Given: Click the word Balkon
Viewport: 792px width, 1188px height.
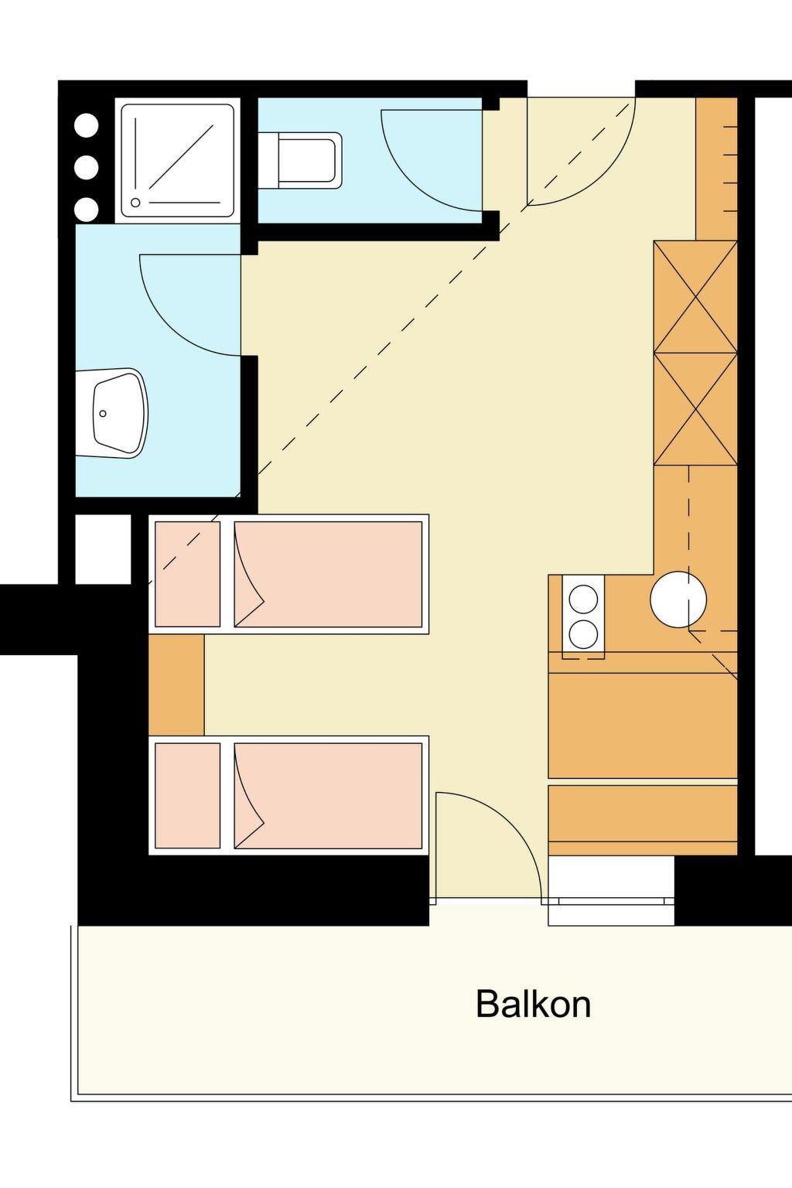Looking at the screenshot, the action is [533, 1004].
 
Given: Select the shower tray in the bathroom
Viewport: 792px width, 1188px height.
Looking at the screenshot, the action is [178, 161].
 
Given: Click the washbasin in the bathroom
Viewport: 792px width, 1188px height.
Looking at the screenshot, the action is [111, 413].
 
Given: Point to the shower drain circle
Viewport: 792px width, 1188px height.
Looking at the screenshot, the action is [135, 203].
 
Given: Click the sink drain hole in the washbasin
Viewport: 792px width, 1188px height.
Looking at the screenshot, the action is [103, 414].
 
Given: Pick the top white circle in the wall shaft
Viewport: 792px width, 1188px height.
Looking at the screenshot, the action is [86, 126].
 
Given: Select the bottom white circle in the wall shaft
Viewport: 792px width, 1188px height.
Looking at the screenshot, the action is [86, 210].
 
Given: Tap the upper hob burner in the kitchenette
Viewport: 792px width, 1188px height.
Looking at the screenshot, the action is [583, 599].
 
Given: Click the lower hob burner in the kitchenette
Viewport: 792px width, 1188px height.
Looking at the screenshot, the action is [583, 633].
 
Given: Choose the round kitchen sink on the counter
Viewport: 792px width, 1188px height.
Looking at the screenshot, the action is [678, 599].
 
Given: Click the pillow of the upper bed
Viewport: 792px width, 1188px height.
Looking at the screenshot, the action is [187, 574].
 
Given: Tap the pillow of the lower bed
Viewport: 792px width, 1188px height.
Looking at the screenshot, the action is [187, 796].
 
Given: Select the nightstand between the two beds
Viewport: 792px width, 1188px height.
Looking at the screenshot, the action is [176, 684].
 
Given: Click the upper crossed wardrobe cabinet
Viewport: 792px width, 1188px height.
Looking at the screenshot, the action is [695, 296].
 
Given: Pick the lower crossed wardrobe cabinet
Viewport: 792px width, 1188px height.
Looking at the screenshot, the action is [695, 409].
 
